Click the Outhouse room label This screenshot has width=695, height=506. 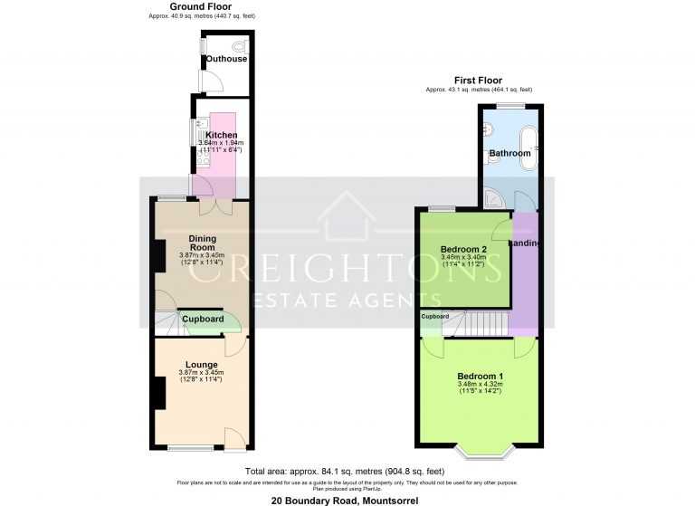(x=225, y=59)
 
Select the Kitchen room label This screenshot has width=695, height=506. (x=222, y=135)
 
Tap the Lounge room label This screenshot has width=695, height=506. (x=202, y=365)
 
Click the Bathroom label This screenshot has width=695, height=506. (x=509, y=154)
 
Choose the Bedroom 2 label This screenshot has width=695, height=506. (x=463, y=249)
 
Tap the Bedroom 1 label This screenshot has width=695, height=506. (x=480, y=377)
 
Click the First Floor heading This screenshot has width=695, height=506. (x=478, y=81)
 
